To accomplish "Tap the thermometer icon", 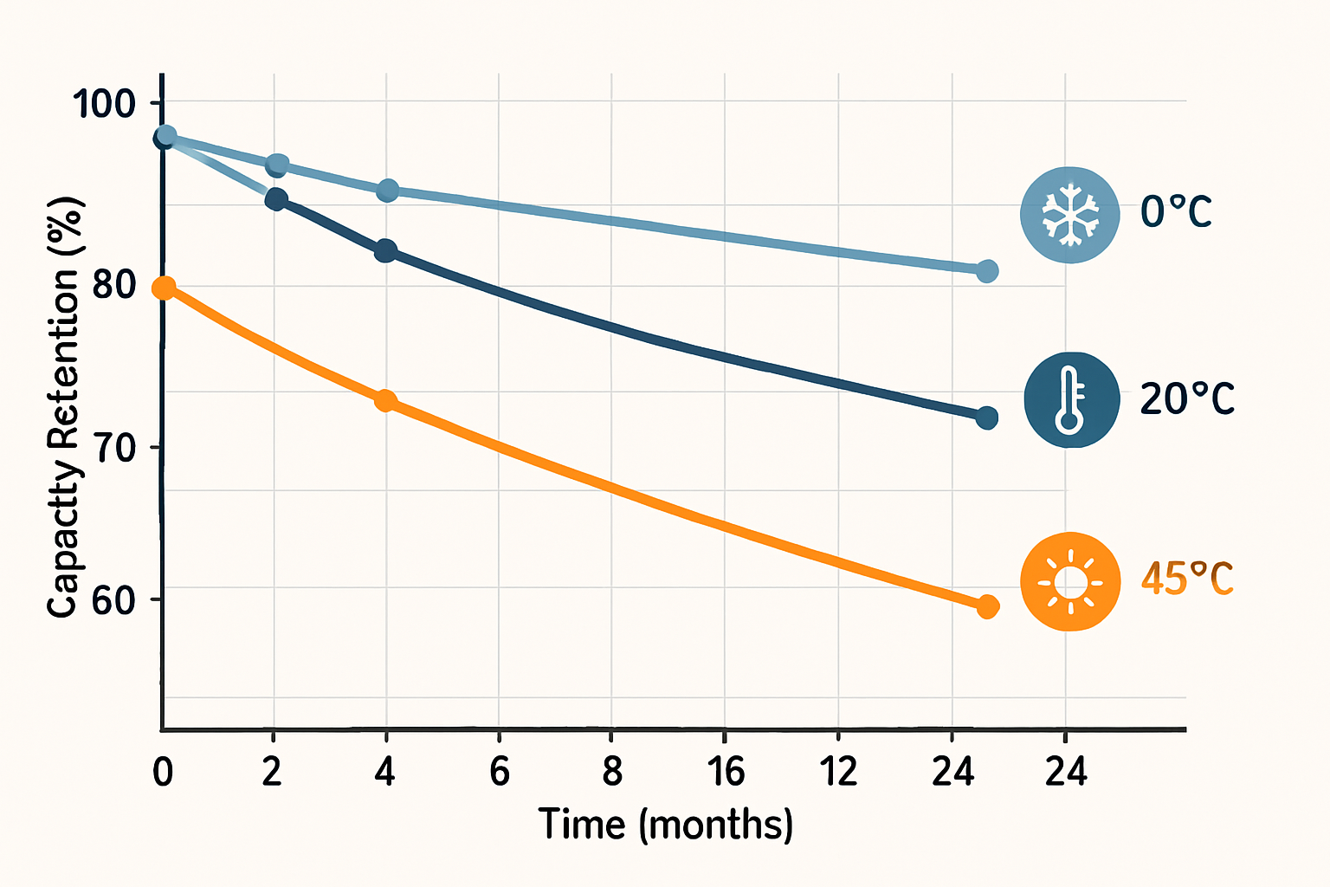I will [x=1071, y=399].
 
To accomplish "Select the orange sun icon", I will [x=1071, y=581].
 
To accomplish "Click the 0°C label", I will [x=1176, y=212].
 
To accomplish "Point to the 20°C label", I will [x=1186, y=399].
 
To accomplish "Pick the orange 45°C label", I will [x=1186, y=579].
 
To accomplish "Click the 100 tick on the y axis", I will [x=104, y=104].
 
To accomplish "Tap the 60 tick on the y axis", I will [x=114, y=600].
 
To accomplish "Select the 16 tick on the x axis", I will [x=725, y=771].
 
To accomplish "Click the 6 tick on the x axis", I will [x=500, y=771].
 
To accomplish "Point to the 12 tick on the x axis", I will [x=838, y=771].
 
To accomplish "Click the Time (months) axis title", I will [x=665, y=824].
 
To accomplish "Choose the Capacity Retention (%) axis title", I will [x=62, y=407].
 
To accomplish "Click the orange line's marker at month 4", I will [x=385, y=401].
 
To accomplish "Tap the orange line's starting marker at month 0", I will [x=164, y=288].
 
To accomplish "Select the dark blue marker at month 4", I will [x=385, y=251].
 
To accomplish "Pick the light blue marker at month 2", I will [x=277, y=165].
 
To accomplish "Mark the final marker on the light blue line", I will [x=987, y=271].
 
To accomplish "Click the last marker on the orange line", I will [x=987, y=606].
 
